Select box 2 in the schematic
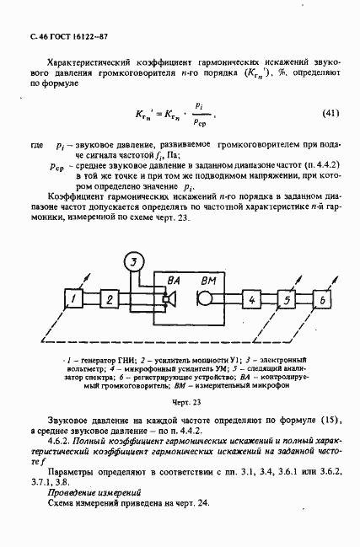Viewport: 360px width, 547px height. pos(108,298)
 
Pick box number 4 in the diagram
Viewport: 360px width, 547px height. pos(250,299)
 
